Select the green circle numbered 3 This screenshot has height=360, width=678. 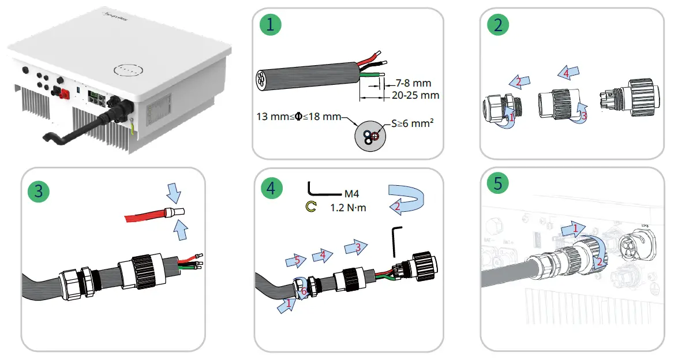[x=38, y=191]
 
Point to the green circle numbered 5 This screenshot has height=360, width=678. [x=497, y=184]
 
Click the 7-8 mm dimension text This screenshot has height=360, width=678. [x=413, y=83]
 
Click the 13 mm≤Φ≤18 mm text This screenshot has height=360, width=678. [x=298, y=117]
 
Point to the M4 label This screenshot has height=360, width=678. [x=351, y=194]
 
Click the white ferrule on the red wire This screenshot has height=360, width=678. [x=175, y=214]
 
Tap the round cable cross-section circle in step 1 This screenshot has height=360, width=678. [x=369, y=137]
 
